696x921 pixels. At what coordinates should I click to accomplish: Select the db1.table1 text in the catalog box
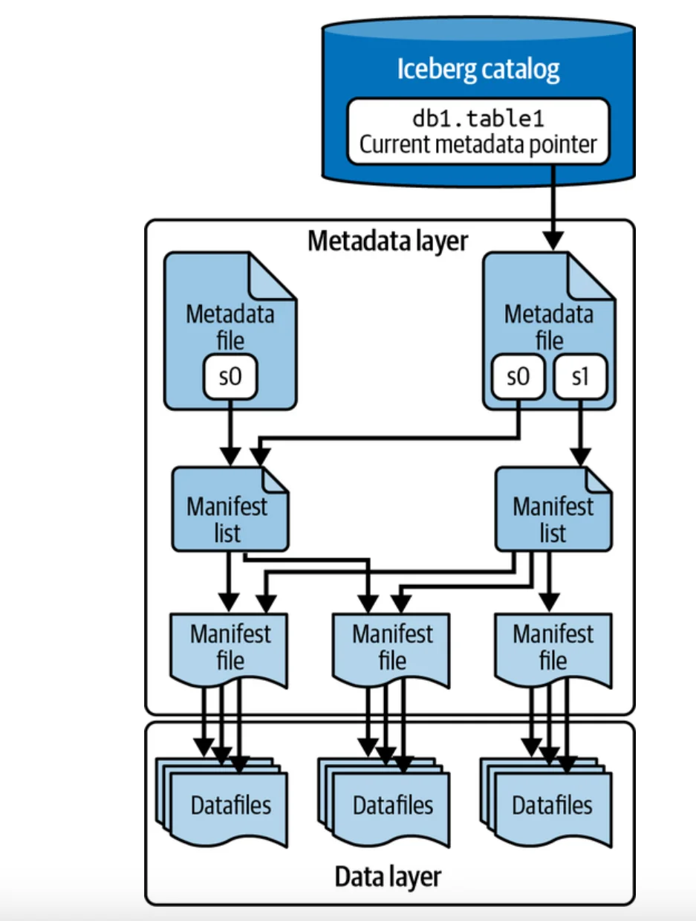[x=478, y=117]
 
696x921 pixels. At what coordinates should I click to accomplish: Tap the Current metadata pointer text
[x=478, y=143]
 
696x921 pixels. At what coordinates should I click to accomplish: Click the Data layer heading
[x=388, y=876]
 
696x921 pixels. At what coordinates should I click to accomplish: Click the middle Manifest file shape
[x=391, y=647]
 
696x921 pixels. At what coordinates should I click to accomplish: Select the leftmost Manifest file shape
[x=230, y=647]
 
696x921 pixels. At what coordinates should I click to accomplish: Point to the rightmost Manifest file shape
[x=553, y=647]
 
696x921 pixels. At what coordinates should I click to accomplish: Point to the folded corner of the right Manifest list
[x=598, y=482]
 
